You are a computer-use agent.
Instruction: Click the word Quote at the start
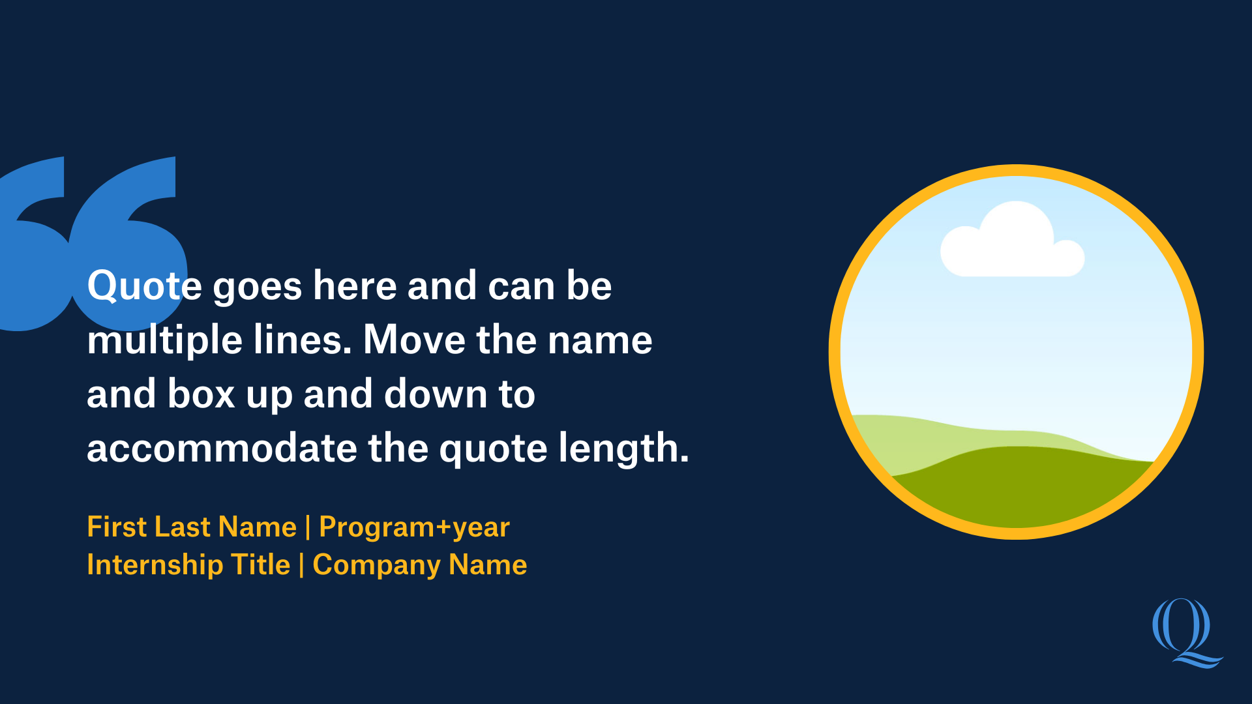click(x=144, y=286)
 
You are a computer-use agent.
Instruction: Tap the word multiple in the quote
click(x=164, y=340)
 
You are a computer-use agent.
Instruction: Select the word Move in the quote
click(x=414, y=340)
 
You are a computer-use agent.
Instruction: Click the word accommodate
click(x=222, y=448)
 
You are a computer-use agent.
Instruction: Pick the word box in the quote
click(x=201, y=394)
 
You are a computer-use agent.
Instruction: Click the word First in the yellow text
click(x=117, y=527)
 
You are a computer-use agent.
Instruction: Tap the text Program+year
click(x=414, y=527)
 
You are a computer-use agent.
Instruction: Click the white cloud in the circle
click(x=1012, y=241)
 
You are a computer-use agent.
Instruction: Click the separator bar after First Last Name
click(x=308, y=527)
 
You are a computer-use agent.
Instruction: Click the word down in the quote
click(x=436, y=394)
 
